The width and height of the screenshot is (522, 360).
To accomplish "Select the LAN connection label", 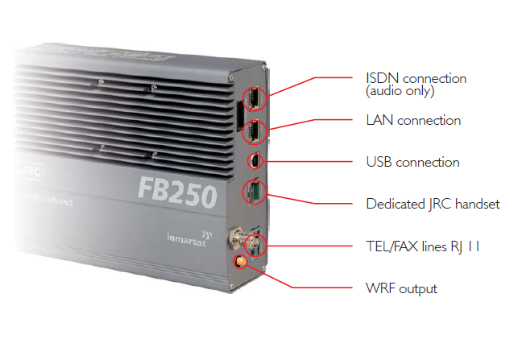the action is pyautogui.click(x=413, y=121).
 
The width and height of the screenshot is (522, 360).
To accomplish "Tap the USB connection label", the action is pyautogui.click(x=412, y=163).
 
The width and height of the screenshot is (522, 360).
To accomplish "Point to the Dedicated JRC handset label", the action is pyautogui.click(x=433, y=205).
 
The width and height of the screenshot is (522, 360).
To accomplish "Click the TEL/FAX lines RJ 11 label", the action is pyautogui.click(x=423, y=246).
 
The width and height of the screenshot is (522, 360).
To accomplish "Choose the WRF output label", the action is pyautogui.click(x=401, y=288).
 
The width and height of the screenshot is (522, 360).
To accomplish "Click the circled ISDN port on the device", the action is pyautogui.click(x=254, y=98).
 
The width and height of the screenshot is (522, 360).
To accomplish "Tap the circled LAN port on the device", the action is pyautogui.click(x=254, y=131).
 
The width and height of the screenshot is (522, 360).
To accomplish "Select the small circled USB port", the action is pyautogui.click(x=255, y=161).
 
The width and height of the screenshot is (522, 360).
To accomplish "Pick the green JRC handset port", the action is pyautogui.click(x=255, y=192).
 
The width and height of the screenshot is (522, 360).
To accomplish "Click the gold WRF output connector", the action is pyautogui.click(x=240, y=261).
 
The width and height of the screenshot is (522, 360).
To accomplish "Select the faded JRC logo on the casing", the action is pyautogui.click(x=30, y=172).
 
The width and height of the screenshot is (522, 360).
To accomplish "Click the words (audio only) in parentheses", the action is pyautogui.click(x=400, y=91).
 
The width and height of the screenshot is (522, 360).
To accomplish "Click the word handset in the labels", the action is pyautogui.click(x=478, y=204).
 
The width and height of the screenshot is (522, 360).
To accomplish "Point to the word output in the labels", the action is pyautogui.click(x=418, y=289).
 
